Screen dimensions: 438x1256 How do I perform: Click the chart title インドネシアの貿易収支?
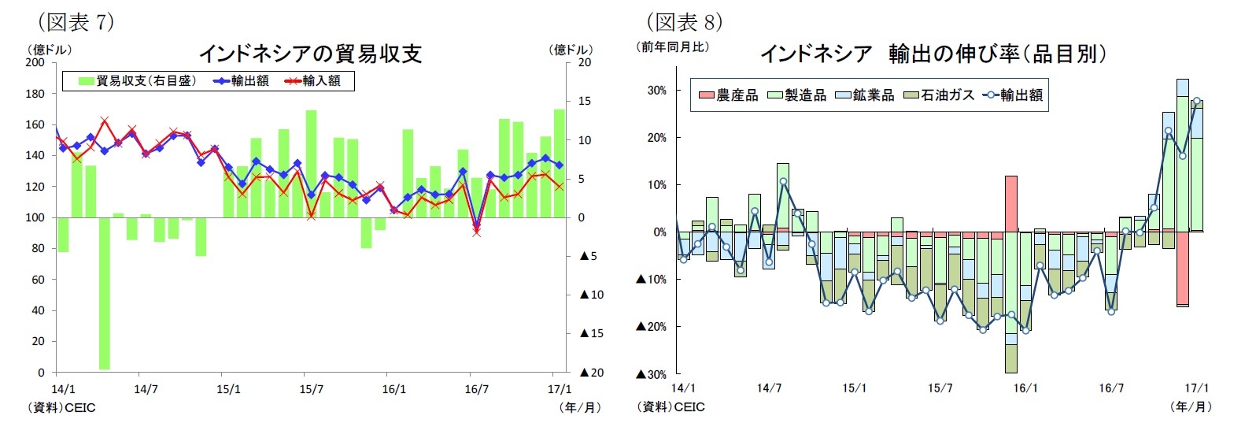pyautogui.click(x=310, y=54)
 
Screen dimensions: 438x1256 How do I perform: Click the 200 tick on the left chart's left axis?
pyautogui.click(x=35, y=62)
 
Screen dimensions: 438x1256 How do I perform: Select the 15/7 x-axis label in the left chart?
pyautogui.click(x=312, y=389)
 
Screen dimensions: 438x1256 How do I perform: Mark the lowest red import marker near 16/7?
pyautogui.click(x=476, y=232)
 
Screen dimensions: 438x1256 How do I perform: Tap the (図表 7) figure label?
pyautogui.click(x=76, y=22)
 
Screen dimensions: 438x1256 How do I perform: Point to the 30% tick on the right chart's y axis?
pyautogui.click(x=656, y=91)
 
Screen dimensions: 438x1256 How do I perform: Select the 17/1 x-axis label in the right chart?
pyautogui.click(x=1196, y=388)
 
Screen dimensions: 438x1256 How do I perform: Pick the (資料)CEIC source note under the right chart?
pyautogui.click(x=670, y=407)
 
